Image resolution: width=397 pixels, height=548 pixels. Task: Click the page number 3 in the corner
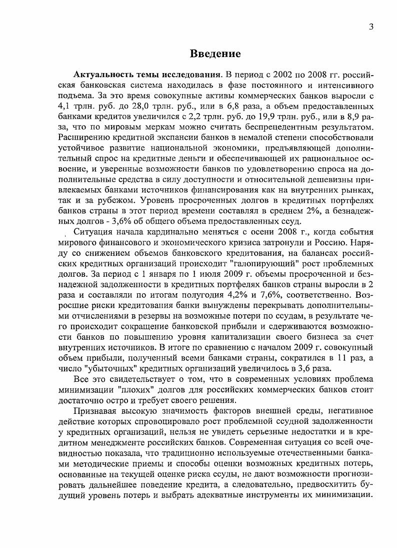[370, 27]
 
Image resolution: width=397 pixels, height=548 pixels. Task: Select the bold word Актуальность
[101, 74]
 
